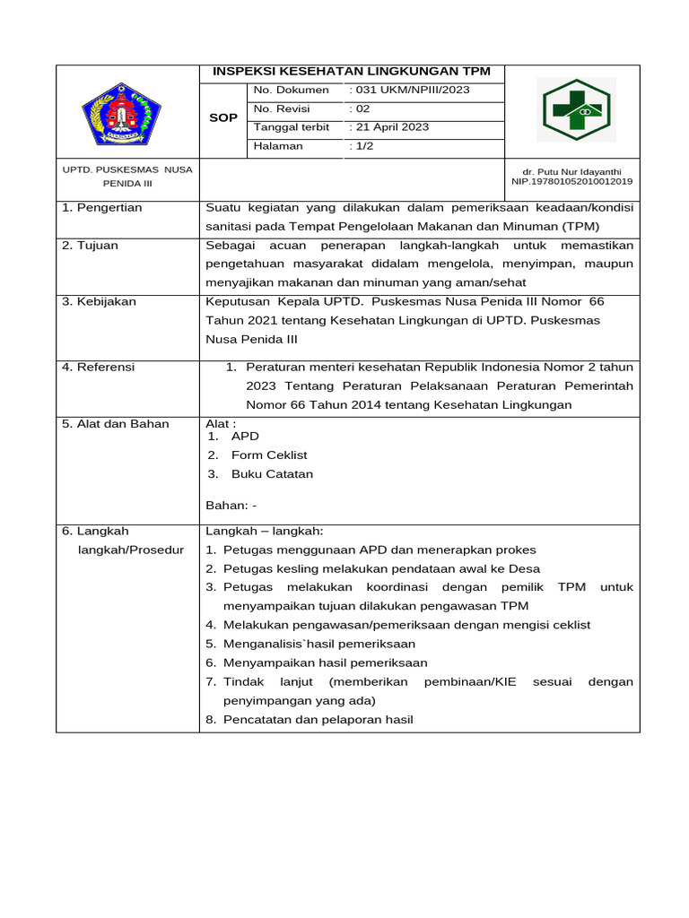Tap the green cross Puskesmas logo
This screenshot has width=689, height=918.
(576, 110)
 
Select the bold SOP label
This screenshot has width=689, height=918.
(222, 118)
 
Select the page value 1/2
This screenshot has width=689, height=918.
(359, 146)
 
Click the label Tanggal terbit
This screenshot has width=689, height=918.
(292, 127)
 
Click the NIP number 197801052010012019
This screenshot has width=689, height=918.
(571, 181)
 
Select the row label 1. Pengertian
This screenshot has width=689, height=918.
(101, 208)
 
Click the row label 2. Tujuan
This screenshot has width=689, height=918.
(90, 246)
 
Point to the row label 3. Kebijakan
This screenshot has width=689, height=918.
(99, 302)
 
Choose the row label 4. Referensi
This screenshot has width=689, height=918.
(98, 367)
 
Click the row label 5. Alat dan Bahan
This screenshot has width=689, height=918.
(115, 424)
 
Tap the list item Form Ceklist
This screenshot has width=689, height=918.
(269, 455)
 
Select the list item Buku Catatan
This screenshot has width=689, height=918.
(272, 474)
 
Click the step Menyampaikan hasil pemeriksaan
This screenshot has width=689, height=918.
(325, 663)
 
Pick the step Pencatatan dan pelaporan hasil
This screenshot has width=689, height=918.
(318, 720)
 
